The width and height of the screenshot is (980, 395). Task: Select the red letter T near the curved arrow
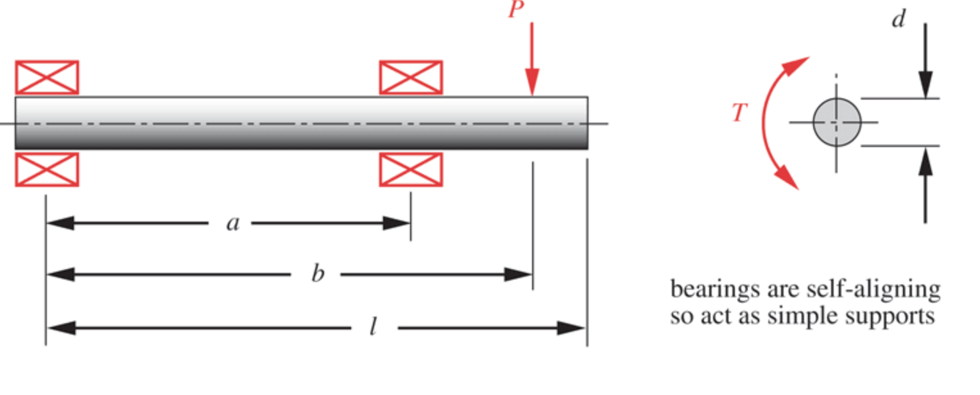tap(740, 113)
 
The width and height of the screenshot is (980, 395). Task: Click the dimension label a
tap(232, 223)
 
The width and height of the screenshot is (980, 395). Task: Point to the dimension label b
tap(317, 274)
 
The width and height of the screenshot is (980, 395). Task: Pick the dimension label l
tap(372, 328)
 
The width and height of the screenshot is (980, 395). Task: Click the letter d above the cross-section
tap(898, 19)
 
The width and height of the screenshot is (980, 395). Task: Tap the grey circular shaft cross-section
tap(837, 122)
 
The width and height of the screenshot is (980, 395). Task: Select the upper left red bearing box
tap(47, 77)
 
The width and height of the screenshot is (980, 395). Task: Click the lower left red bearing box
tap(47, 170)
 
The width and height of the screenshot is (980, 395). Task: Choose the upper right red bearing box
tap(411, 77)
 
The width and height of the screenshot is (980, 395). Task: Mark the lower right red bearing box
tap(411, 170)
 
